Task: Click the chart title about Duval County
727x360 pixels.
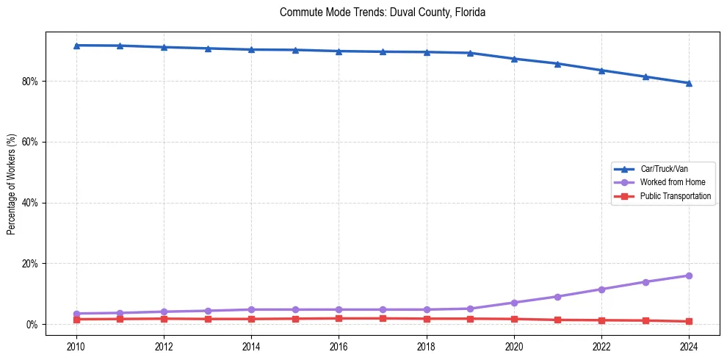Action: pos(383,12)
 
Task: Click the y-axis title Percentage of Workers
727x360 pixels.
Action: pos(11,184)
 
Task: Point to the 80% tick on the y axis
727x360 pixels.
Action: pos(30,81)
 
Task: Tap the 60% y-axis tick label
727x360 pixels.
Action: pos(30,142)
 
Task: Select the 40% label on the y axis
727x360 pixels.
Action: pos(30,203)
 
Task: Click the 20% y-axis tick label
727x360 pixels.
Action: pos(30,264)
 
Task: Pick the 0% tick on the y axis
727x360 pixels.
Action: pos(32,325)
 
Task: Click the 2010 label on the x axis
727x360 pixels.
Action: pos(76,345)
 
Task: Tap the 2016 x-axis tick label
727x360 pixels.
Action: pos(339,345)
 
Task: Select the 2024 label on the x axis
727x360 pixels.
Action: pos(689,345)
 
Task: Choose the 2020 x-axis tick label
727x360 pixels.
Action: pos(514,345)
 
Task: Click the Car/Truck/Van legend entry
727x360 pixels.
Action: pos(664,169)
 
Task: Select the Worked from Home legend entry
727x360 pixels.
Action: pos(672,182)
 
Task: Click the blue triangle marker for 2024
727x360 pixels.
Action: pos(689,83)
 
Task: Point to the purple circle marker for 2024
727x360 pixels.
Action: pos(689,276)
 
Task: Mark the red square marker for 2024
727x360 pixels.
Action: pos(689,321)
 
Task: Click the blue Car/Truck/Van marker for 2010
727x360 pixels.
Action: pos(76,46)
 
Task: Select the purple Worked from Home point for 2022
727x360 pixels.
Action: pos(601,289)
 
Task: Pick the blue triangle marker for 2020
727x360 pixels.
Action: pos(514,59)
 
